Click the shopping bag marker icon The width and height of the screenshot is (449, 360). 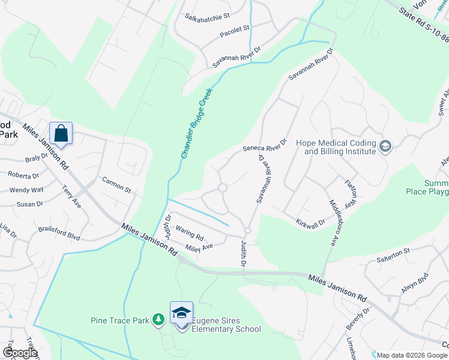[61, 133]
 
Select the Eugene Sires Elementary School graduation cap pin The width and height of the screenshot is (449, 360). [181, 313]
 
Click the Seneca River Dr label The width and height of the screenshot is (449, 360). [265, 145]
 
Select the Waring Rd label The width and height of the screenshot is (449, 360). [190, 233]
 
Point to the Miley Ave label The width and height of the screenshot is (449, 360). [199, 246]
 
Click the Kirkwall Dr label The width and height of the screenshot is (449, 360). [310, 223]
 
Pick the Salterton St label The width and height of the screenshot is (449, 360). [393, 251]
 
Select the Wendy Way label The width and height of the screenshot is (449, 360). [26, 190]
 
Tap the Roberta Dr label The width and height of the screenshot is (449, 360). [23, 175]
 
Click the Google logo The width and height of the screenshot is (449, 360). [20, 353]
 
